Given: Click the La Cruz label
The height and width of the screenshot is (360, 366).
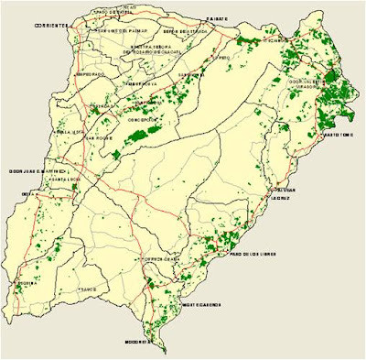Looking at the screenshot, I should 280,196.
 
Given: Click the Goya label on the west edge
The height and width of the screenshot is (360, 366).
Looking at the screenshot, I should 28,194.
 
